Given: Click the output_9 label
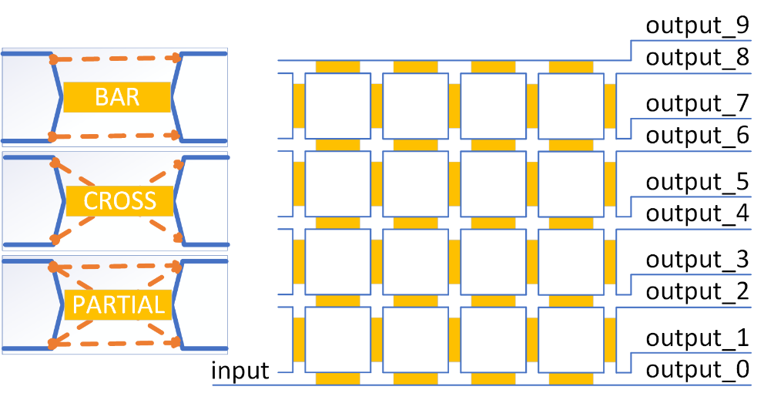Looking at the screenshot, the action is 697,26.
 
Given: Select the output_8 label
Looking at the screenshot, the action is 697,58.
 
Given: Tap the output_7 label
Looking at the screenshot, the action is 697,104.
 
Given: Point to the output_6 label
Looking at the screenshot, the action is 697,136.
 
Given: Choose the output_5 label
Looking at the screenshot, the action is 697,182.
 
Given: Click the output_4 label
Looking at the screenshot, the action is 697,213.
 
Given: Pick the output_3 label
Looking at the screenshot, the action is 697,260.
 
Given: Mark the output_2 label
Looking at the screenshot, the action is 697,291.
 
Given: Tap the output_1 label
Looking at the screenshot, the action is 697,338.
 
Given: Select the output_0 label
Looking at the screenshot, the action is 697,370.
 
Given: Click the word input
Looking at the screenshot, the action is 240,371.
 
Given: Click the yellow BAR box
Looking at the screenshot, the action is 117,97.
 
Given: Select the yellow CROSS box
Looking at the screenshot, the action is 119,200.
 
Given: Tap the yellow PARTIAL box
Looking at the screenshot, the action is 119,305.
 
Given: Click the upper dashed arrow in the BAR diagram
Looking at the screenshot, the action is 116,59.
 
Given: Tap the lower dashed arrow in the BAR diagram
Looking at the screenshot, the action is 116,136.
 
